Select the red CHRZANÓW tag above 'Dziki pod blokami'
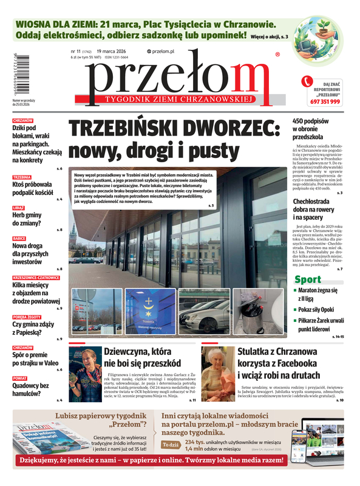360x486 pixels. (22, 121)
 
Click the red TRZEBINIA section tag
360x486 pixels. (22, 177)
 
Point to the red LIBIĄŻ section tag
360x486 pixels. (19, 208)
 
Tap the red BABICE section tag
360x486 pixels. (19, 238)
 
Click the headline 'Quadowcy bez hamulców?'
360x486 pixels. (30, 389)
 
